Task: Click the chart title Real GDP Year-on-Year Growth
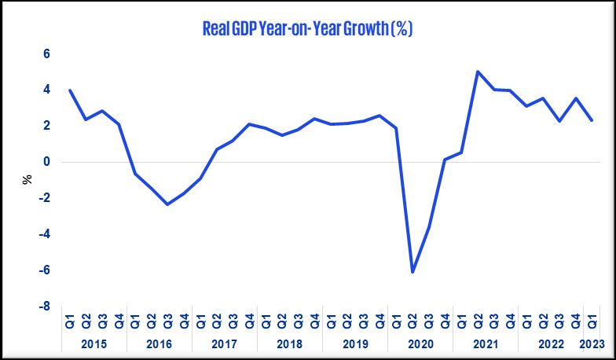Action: (307, 30)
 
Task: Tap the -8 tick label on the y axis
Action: (44, 307)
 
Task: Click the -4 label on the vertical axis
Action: (44, 234)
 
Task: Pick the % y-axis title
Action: (27, 179)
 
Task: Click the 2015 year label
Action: (94, 343)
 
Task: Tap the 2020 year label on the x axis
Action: (420, 343)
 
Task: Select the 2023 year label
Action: (592, 343)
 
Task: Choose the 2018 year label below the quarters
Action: (290, 343)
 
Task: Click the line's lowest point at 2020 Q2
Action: (412, 272)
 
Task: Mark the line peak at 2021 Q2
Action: (478, 72)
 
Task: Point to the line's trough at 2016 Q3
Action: (168, 204)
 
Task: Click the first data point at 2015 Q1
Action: (70, 90)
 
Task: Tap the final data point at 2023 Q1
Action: (592, 120)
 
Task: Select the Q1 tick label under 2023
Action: (592, 321)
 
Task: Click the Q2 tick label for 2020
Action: (412, 321)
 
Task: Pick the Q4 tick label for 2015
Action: (119, 321)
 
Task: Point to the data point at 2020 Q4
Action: (445, 160)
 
